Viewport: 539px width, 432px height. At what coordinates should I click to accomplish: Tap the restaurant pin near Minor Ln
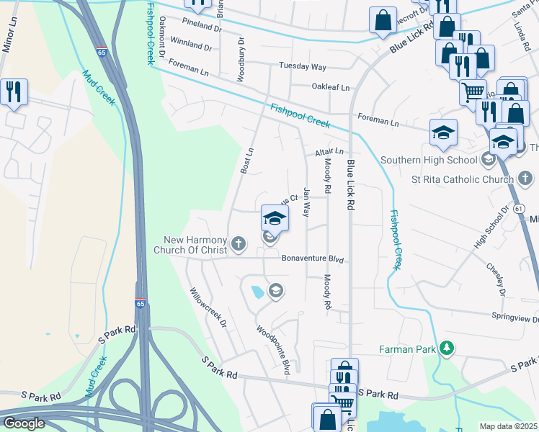click(14, 93)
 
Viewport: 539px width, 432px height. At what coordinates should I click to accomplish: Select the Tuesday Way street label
click(303, 67)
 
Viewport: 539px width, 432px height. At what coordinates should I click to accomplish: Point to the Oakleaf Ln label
click(330, 87)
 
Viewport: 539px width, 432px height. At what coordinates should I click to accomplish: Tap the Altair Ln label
click(329, 152)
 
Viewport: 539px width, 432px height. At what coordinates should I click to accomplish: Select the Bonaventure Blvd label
click(312, 258)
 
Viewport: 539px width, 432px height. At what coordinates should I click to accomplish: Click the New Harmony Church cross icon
click(239, 246)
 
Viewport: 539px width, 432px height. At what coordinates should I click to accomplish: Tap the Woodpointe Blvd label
click(274, 349)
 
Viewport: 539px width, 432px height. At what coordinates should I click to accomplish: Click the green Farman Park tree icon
click(447, 349)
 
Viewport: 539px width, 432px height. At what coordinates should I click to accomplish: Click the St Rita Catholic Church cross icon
click(524, 178)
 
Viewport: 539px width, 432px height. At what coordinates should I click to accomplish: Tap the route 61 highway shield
click(520, 208)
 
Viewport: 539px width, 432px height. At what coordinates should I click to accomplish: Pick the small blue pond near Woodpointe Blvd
click(257, 292)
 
